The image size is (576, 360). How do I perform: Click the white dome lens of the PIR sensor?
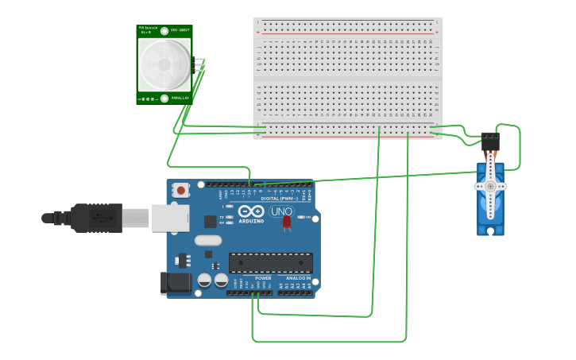[164, 64]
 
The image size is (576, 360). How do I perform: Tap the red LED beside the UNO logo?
[287, 223]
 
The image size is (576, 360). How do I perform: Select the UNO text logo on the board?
[281, 211]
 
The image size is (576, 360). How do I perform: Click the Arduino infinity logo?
[251, 211]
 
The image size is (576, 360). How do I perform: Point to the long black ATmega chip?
[270, 263]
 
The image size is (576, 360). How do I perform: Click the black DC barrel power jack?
[175, 284]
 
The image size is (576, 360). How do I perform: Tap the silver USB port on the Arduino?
[169, 217]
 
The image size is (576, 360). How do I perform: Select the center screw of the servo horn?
[490, 187]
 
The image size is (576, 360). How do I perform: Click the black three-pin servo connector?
[491, 141]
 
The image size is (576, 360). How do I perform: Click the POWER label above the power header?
[263, 278]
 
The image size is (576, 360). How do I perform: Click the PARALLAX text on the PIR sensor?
[180, 99]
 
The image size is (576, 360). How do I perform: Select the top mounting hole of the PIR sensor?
[164, 31]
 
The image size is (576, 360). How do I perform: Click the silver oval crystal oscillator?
[207, 241]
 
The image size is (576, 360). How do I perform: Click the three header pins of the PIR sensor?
[199, 64]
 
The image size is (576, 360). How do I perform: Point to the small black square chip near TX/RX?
[210, 222]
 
